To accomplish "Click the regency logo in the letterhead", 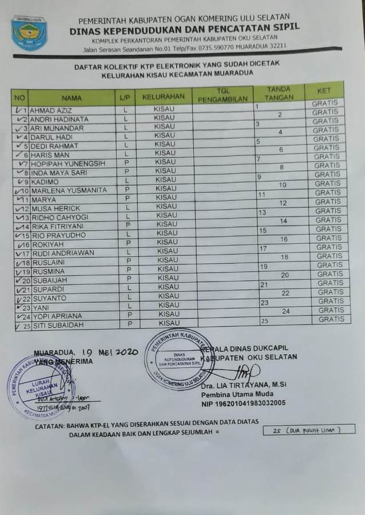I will [29, 33].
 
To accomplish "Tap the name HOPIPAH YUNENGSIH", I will [68, 164].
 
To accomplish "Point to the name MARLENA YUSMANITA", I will [69, 191].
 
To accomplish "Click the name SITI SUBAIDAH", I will [58, 325].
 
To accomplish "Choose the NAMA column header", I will [72, 97].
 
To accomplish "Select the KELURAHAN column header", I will [163, 96].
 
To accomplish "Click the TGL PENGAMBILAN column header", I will [223, 95].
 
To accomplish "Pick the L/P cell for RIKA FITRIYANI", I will [128, 226].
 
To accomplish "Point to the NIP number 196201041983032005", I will [243, 403].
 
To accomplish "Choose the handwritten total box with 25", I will [309, 430].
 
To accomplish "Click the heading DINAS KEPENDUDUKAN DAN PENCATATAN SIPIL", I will [184, 27].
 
